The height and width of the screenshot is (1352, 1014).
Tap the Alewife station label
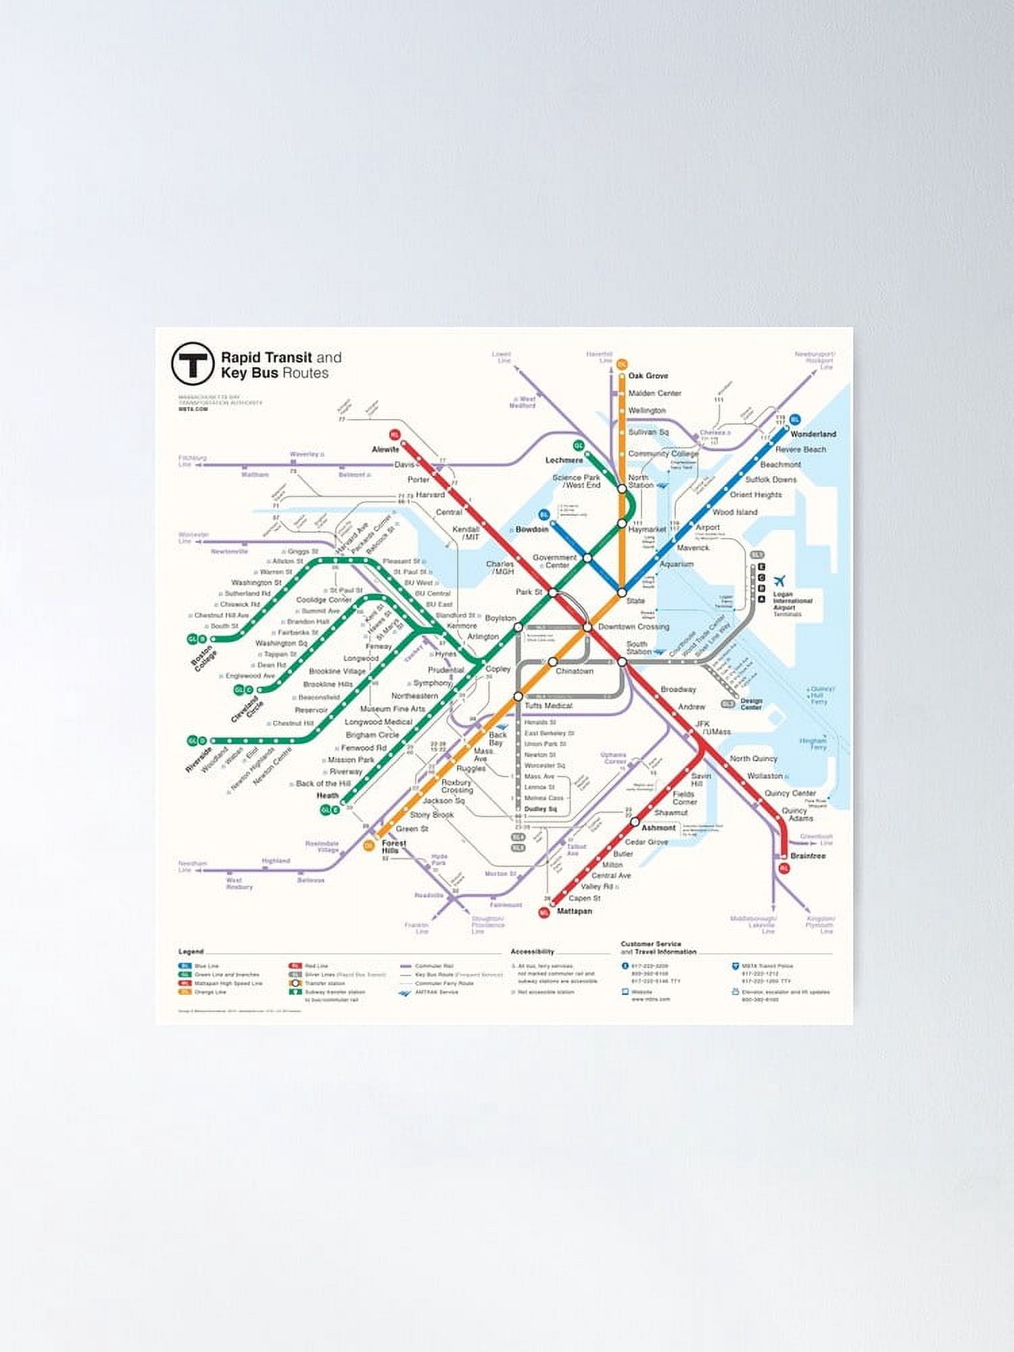385,449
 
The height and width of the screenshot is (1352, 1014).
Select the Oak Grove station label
648,375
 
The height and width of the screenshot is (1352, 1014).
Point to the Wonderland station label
813,434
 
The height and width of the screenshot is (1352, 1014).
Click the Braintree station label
808,856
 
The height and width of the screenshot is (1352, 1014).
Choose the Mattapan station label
574,911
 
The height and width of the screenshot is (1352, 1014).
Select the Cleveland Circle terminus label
247,709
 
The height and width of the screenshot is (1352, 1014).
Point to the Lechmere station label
564,460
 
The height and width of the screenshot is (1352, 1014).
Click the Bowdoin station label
531,529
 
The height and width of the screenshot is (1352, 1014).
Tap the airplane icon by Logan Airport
779,581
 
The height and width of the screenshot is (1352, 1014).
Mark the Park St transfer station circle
552,593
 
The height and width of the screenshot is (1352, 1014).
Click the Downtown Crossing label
633,627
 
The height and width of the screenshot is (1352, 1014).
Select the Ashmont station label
658,827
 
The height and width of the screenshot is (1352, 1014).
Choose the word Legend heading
191,951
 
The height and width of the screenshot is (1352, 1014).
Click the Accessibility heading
532,951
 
